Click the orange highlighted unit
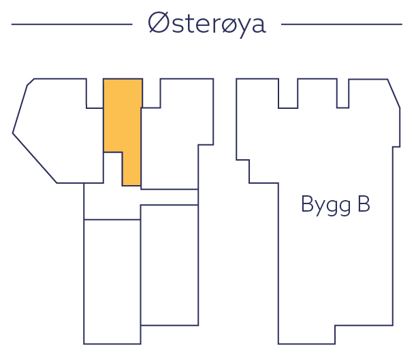tap(123, 116)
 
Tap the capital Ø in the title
tap(158, 24)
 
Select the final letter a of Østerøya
tap(257, 27)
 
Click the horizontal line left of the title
tap(71, 24)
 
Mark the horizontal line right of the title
tap(341, 24)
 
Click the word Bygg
tap(325, 206)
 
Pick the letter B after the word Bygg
tap(363, 204)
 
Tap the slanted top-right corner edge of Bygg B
tap(394, 93)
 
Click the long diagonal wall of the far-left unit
tap(34, 158)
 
